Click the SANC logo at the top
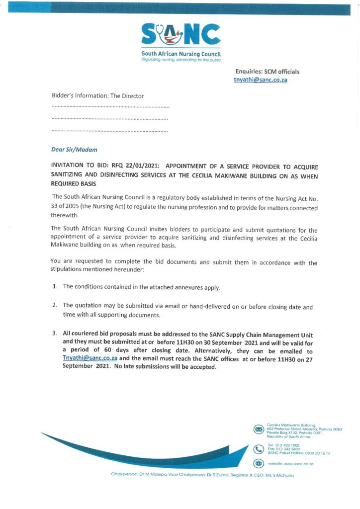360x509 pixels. (x=181, y=35)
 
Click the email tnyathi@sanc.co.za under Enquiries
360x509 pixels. (x=261, y=80)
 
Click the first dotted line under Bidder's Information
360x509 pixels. (x=110, y=107)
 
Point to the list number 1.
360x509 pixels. (x=55, y=287)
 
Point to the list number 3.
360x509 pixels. (x=55, y=333)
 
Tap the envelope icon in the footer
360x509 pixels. (x=259, y=429)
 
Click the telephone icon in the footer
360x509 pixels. (x=259, y=449)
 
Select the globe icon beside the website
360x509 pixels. (x=259, y=463)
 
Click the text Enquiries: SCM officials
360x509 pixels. (x=268, y=72)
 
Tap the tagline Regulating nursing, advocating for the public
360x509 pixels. (x=181, y=59)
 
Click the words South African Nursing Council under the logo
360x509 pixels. (x=181, y=53)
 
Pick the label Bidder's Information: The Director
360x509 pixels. (x=98, y=95)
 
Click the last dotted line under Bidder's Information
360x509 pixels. (x=110, y=131)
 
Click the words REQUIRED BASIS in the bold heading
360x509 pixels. (x=74, y=183)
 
